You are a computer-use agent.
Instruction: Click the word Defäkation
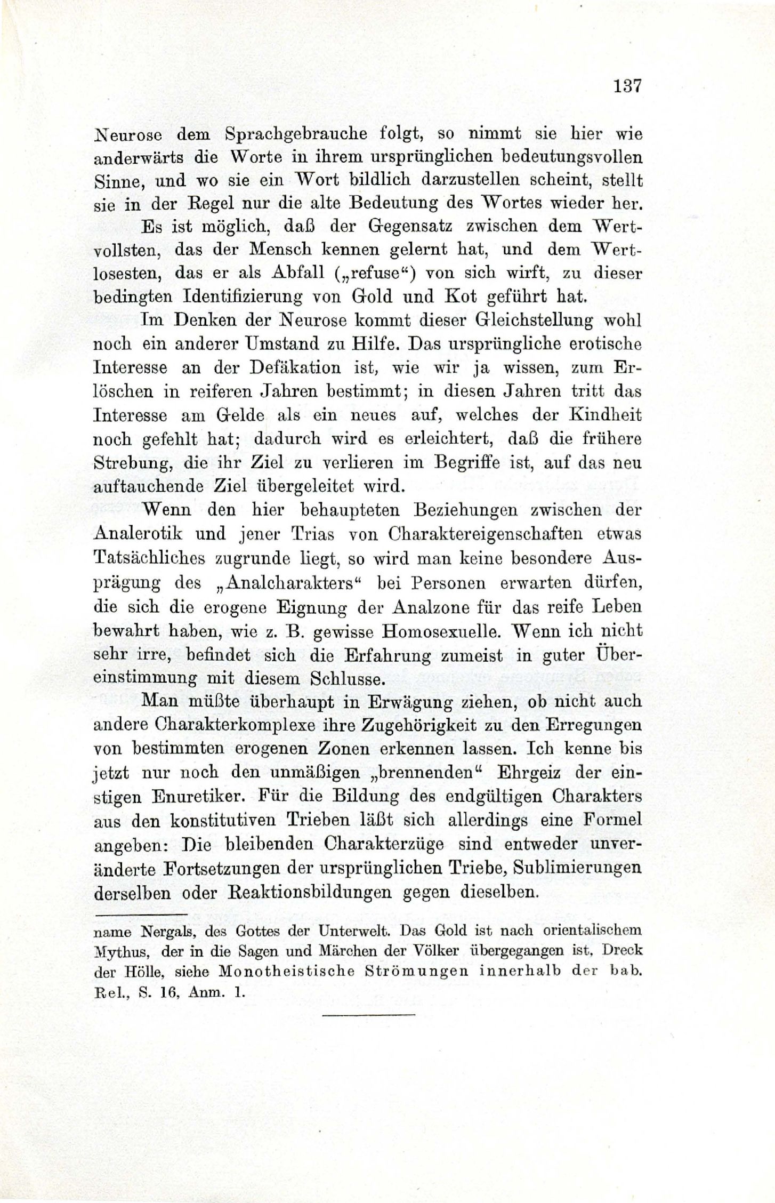[x=282, y=368]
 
